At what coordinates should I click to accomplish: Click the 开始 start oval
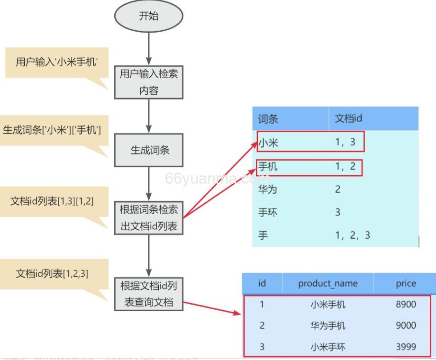[x=148, y=16]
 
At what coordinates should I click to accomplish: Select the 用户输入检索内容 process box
[x=148, y=82]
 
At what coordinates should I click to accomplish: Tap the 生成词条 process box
[x=148, y=150]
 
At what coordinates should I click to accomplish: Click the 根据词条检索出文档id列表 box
[x=148, y=218]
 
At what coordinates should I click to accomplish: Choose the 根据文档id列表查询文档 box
[x=148, y=294]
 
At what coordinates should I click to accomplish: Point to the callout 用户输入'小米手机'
[x=56, y=62]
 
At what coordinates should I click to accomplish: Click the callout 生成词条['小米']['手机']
[x=52, y=130]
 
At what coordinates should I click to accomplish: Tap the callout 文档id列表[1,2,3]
[x=52, y=274]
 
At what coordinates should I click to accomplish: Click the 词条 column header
[x=268, y=119]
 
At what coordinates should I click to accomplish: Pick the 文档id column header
[x=348, y=119]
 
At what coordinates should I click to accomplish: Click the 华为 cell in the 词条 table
[x=267, y=189]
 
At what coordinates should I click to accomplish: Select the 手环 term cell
[x=267, y=212]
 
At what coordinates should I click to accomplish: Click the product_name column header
[x=327, y=284]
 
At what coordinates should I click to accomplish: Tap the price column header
[x=406, y=284]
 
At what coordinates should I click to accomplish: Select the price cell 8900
[x=406, y=305]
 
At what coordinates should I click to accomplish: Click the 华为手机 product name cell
[x=327, y=326]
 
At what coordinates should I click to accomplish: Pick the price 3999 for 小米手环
[x=406, y=347]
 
